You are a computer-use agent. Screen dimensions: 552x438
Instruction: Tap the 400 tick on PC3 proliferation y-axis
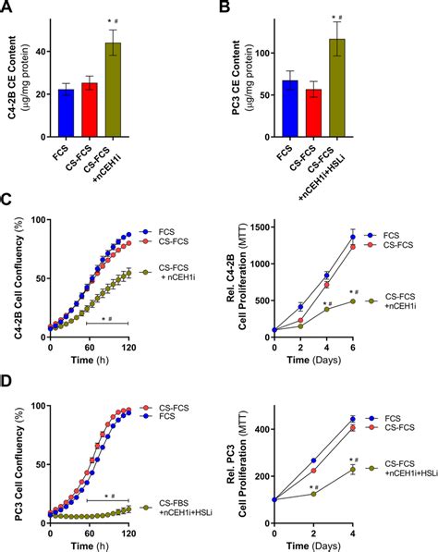(x=262, y=427)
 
